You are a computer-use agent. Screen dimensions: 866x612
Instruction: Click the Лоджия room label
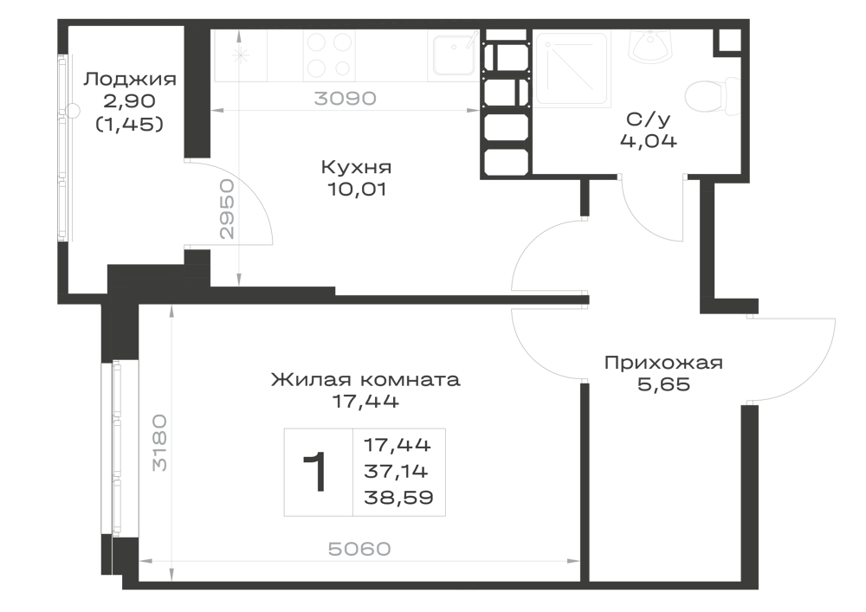pos(130,80)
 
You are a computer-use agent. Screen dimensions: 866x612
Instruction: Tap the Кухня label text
pos(356,167)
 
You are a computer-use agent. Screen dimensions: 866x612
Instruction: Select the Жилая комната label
pos(365,380)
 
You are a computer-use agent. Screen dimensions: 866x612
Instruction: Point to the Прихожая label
pos(663,363)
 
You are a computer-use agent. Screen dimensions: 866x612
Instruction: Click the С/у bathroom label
pos(649,119)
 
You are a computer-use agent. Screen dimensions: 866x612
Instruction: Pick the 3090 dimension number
pos(346,98)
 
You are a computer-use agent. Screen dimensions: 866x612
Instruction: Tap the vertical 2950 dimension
pos(227,209)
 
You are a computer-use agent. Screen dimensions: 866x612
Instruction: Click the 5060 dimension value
pos(359,549)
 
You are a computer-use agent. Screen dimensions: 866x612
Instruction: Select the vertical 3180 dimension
pos(159,442)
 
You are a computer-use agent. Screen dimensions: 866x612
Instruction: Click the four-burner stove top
pos(330,54)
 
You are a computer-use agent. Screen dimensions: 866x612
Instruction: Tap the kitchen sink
pos(454,54)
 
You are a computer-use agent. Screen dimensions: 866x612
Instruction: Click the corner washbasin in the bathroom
pos(650,45)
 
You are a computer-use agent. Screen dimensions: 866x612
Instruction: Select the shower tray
pos(571,69)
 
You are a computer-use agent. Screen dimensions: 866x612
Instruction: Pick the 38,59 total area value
pos(398,498)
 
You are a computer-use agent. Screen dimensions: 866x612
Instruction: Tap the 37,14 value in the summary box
pos(396,471)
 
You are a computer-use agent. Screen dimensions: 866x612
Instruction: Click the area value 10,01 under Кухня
pos(357,190)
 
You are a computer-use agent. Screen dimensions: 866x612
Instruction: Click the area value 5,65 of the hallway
pos(664,384)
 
